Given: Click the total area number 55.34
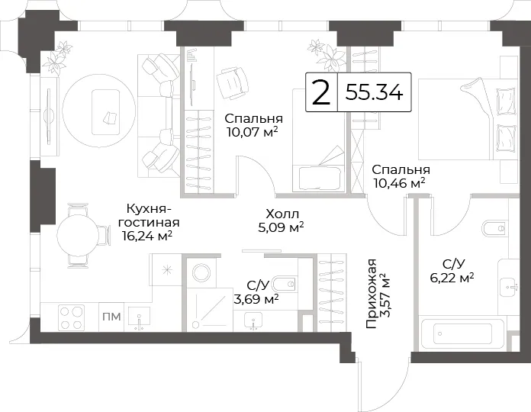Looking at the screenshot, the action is coord(374,92).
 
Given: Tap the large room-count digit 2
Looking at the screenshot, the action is coord(320,92).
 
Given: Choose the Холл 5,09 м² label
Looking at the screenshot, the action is coord(281,220).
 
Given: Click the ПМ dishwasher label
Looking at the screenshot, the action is coord(111,317).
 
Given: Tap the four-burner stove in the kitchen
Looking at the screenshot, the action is coord(71,317).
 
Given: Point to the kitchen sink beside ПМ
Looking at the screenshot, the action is coord(139,318).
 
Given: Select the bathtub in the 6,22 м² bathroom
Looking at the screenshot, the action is coord(462,334).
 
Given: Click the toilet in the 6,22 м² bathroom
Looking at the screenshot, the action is coord(494,228).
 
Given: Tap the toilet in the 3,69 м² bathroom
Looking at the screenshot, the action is coord(285,284).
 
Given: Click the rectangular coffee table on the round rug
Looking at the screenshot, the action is coord(105,112).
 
